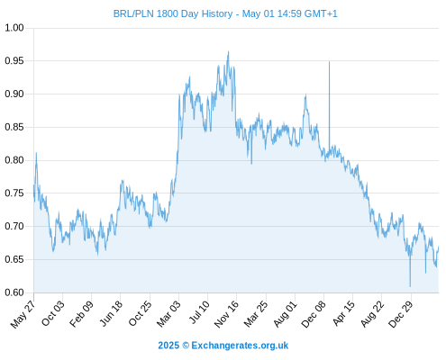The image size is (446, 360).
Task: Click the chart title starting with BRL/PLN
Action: point(225,13)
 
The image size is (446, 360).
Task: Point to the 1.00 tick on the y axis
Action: point(14,28)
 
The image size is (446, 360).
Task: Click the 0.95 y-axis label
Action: point(14,61)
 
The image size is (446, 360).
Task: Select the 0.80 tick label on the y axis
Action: point(14,160)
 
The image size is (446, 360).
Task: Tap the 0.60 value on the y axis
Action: point(14,292)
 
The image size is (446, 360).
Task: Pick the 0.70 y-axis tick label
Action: point(14,226)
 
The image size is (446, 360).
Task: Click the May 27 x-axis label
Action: point(23,314)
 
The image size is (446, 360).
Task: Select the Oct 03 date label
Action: point(52,313)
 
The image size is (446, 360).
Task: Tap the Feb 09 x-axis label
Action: point(81,313)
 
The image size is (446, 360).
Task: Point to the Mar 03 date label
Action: point(168,313)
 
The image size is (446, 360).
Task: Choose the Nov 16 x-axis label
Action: point(226,314)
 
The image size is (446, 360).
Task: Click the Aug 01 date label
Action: point(285,313)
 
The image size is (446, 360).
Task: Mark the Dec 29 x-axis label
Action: point(401,314)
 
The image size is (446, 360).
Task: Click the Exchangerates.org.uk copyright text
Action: point(223,346)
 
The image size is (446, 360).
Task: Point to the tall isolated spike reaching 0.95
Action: point(329,62)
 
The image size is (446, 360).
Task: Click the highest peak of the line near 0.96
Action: point(228,51)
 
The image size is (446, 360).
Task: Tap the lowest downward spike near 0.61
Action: point(410,286)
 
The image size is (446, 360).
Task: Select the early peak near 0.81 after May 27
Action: point(36,153)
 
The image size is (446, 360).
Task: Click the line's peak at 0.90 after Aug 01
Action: point(305,94)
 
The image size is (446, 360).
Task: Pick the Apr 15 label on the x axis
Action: point(343,313)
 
